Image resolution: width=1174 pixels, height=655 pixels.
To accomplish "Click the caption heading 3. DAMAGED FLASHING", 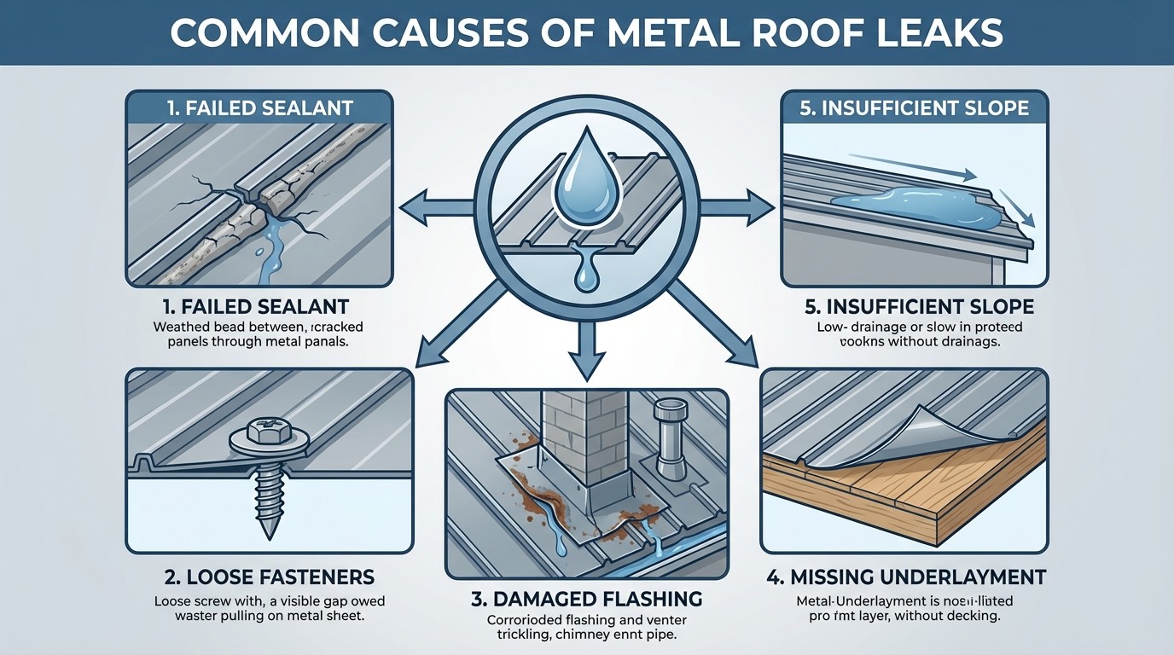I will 586,597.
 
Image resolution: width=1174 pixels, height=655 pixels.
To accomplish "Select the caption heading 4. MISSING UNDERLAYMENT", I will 905,577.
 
